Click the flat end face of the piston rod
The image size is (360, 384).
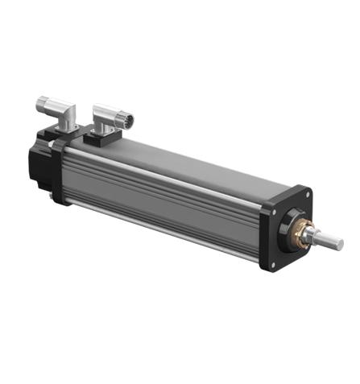[x=339, y=243]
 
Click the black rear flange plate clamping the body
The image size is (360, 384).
[x=60, y=173]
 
